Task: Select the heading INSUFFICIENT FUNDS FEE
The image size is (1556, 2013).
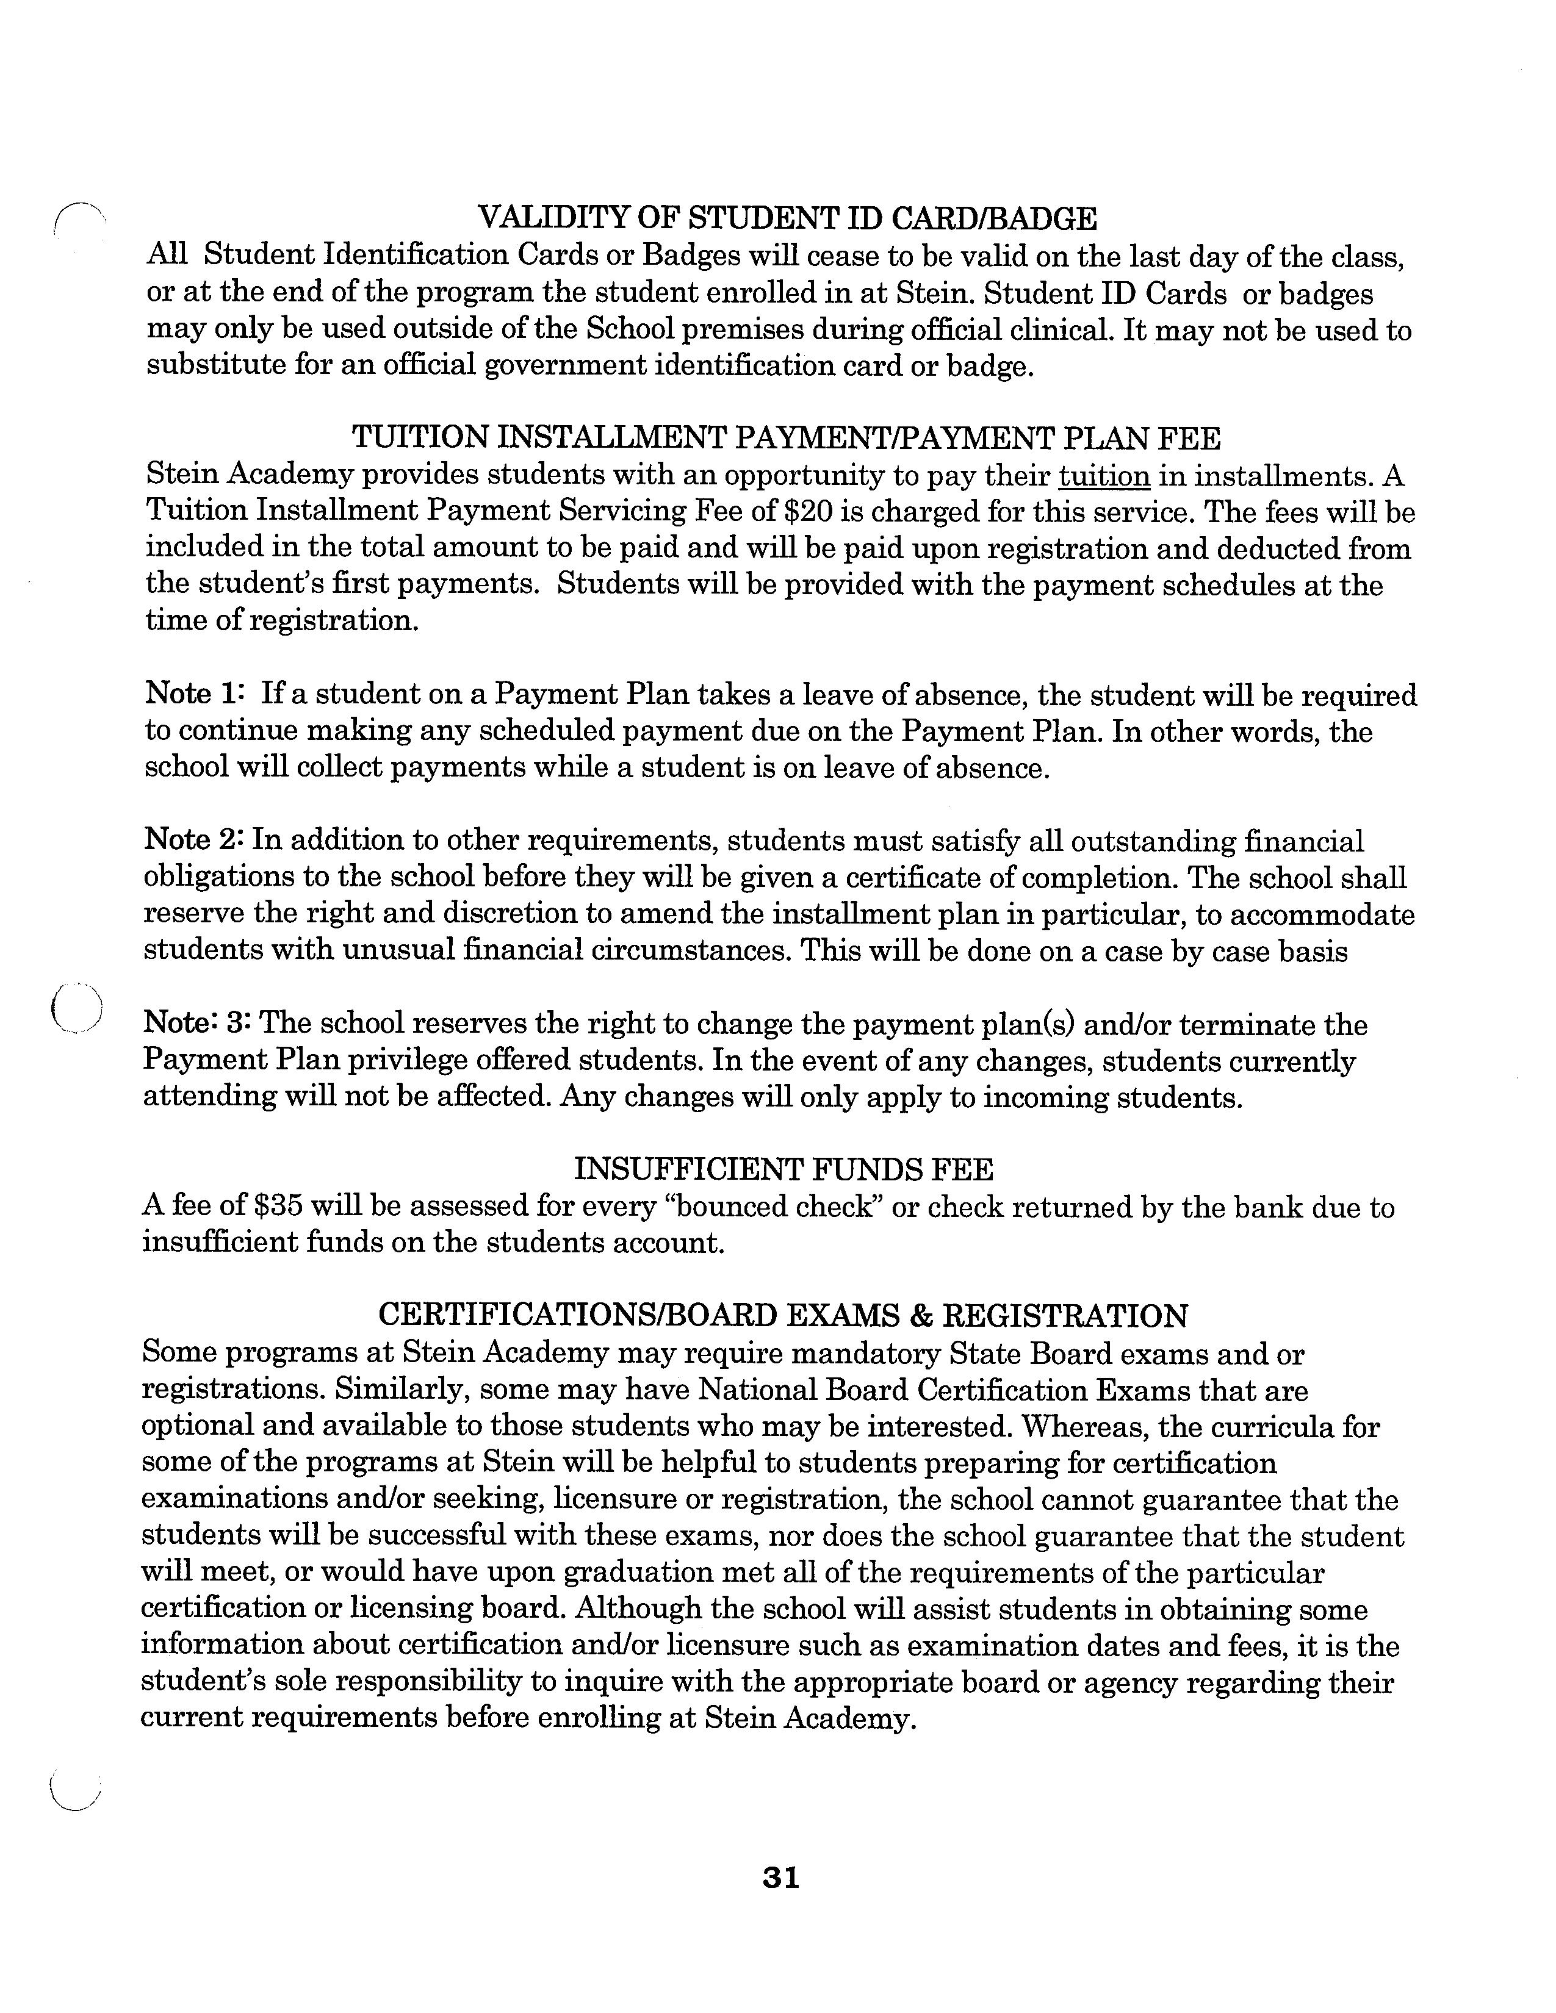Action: pyautogui.click(x=783, y=1169)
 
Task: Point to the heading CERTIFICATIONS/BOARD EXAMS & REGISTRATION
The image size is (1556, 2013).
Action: pyautogui.click(x=783, y=1315)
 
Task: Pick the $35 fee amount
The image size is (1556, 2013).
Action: pyautogui.click(x=283, y=1207)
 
